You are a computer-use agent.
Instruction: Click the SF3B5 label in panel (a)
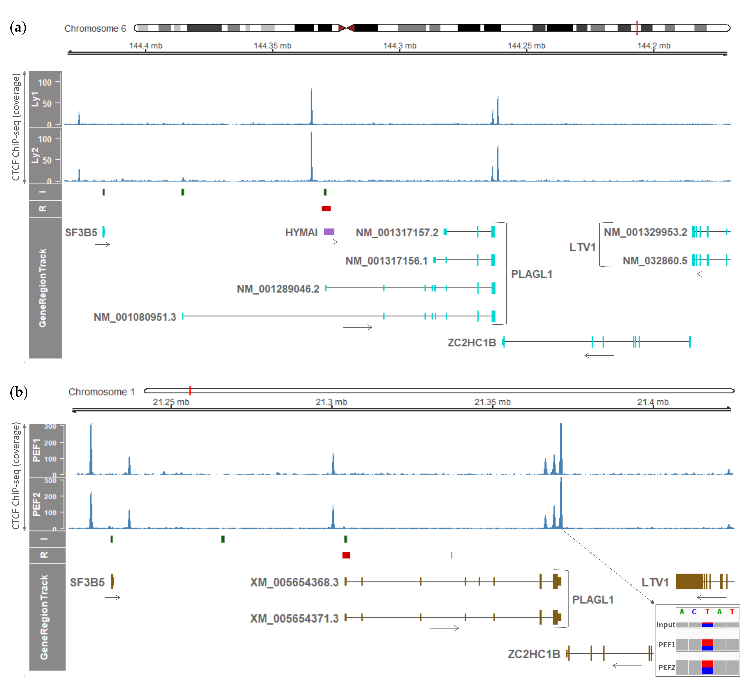[x=81, y=232]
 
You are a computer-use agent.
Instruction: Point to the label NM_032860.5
[x=655, y=261]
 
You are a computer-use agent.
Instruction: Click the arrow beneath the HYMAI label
[x=330, y=242]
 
